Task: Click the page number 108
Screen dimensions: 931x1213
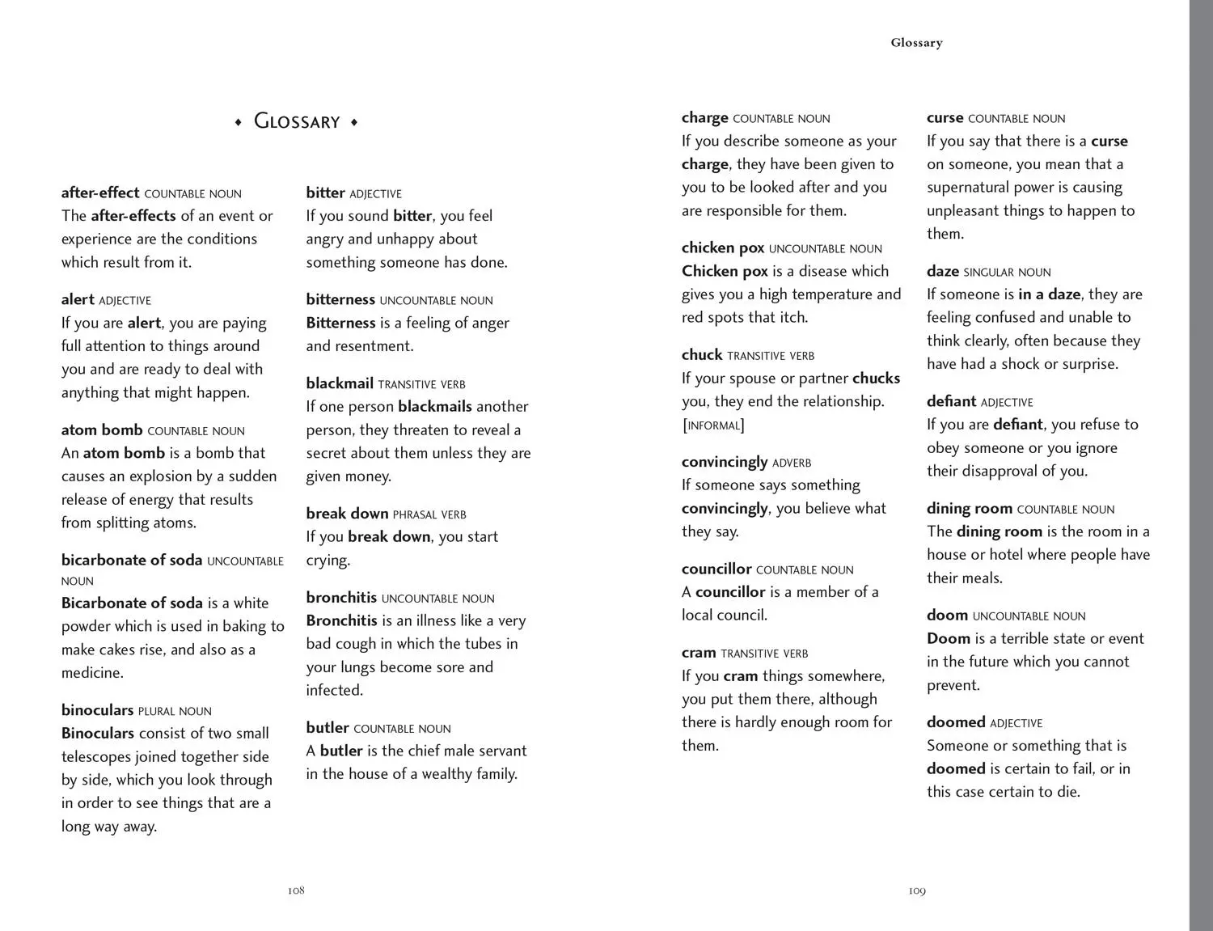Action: pyautogui.click(x=296, y=891)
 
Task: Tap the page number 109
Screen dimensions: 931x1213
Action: pyautogui.click(x=916, y=891)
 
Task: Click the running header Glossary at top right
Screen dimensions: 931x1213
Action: pyautogui.click(x=916, y=43)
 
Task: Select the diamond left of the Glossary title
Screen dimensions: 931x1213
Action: pyautogui.click(x=239, y=122)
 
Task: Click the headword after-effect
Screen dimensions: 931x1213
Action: pyautogui.click(x=100, y=193)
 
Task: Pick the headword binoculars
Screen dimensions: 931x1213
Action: pyautogui.click(x=97, y=710)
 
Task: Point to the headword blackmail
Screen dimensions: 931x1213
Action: pyautogui.click(x=340, y=383)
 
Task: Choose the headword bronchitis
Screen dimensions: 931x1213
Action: pyautogui.click(x=341, y=598)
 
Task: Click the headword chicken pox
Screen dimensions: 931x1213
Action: pyautogui.click(x=723, y=248)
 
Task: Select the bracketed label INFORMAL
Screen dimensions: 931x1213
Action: pyautogui.click(x=713, y=425)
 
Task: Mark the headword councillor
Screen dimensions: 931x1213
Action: pyautogui.click(x=716, y=569)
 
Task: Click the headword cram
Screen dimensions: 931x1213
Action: pyautogui.click(x=699, y=653)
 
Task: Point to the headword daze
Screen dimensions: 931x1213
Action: pyautogui.click(x=943, y=272)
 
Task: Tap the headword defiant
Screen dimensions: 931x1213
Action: pyautogui.click(x=951, y=401)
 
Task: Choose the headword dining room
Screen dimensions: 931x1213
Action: pyautogui.click(x=970, y=509)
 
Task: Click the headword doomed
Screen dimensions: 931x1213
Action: pyautogui.click(x=956, y=722)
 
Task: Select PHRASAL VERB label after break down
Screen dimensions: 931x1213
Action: pyautogui.click(x=429, y=514)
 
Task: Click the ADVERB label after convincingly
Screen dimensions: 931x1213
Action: pyautogui.click(x=792, y=463)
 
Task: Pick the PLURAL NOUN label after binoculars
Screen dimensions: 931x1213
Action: pyautogui.click(x=175, y=712)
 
